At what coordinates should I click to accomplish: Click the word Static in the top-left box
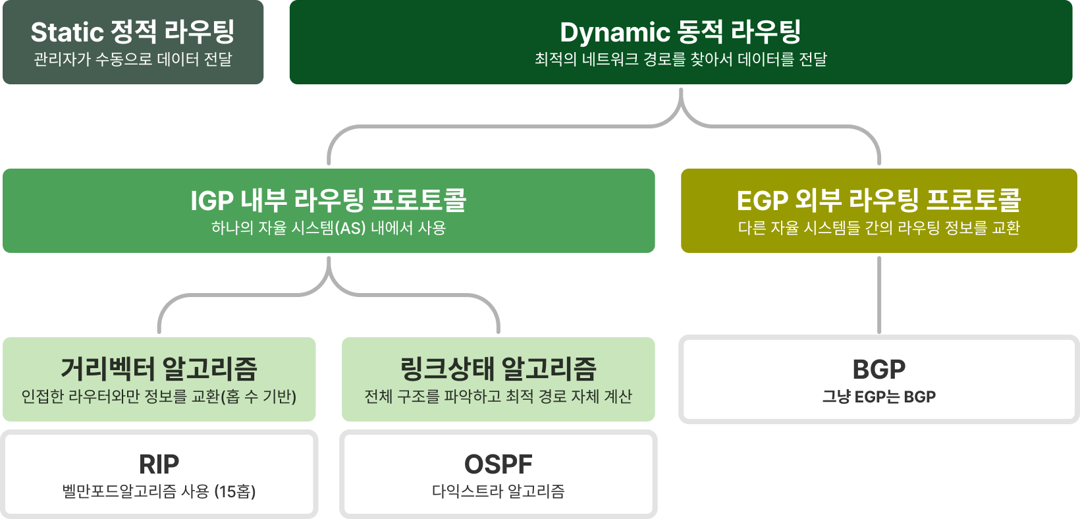pyautogui.click(x=67, y=32)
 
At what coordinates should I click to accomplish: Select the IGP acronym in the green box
pyautogui.click(x=211, y=201)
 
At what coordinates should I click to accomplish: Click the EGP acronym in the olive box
pyautogui.click(x=762, y=201)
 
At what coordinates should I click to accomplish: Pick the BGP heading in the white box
pyautogui.click(x=878, y=369)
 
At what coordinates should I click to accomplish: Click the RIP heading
pyautogui.click(x=159, y=464)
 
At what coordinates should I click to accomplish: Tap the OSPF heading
pyautogui.click(x=498, y=464)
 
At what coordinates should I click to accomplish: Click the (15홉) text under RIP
pyautogui.click(x=235, y=491)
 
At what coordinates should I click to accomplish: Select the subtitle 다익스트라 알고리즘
pyautogui.click(x=498, y=491)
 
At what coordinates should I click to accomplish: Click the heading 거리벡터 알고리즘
pyautogui.click(x=159, y=368)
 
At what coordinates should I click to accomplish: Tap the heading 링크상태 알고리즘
pyautogui.click(x=498, y=368)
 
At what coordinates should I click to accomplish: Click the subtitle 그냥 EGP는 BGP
pyautogui.click(x=878, y=397)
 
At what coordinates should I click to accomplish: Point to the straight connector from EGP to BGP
pyautogui.click(x=879, y=294)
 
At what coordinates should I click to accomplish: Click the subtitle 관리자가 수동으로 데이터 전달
pyautogui.click(x=133, y=59)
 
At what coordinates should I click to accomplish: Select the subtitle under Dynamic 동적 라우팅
pyautogui.click(x=680, y=59)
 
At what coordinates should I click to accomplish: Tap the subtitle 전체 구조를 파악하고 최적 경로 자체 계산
pyautogui.click(x=498, y=396)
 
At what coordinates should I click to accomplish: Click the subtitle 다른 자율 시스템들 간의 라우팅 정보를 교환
pyautogui.click(x=878, y=229)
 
